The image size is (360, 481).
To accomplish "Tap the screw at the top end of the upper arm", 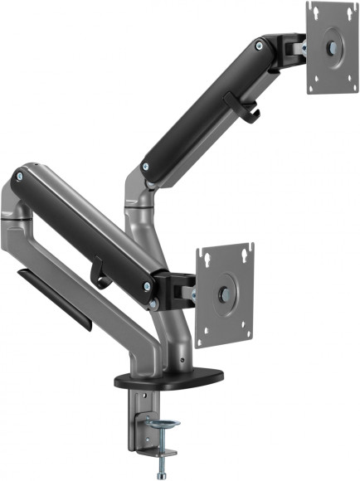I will click(x=262, y=47).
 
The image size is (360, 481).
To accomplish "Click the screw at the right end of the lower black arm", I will click(x=148, y=287).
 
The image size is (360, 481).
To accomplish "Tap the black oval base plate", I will click(x=169, y=378).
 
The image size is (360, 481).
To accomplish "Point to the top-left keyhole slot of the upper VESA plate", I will click(x=314, y=13).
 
